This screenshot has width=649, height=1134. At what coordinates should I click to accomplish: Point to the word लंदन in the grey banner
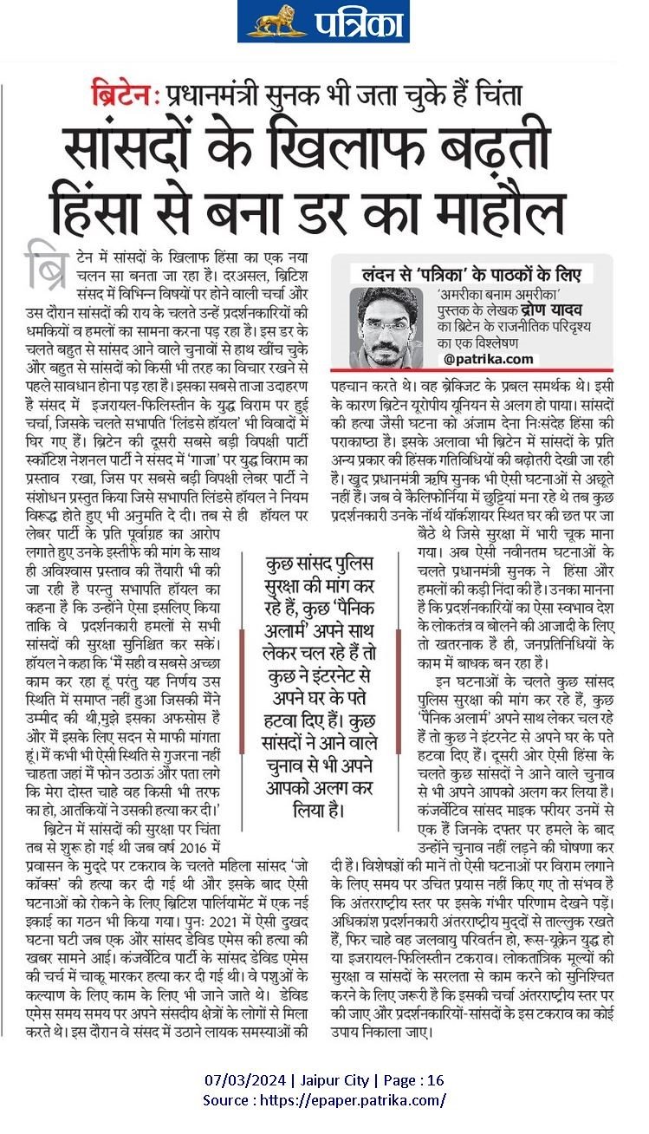pos(381,274)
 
